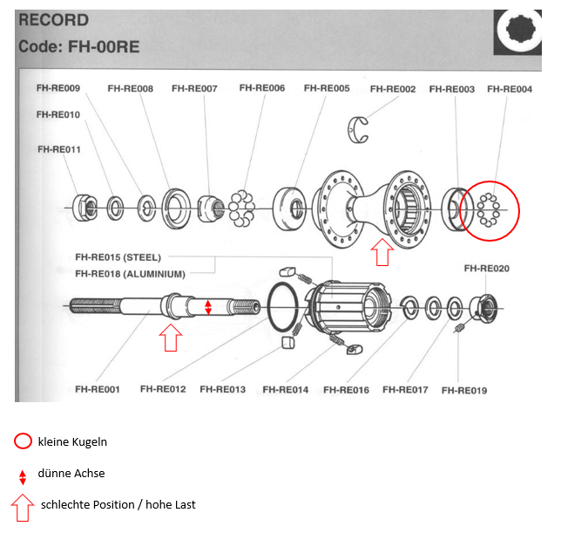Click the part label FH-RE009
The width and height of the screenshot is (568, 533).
(58, 88)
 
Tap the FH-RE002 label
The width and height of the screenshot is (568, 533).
(393, 89)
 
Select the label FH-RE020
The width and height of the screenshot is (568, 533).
(486, 269)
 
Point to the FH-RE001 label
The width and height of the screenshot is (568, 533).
(97, 389)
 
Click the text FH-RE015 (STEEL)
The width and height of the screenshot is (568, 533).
(118, 257)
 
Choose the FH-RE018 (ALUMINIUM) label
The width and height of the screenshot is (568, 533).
(130, 274)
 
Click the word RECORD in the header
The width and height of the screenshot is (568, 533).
(54, 20)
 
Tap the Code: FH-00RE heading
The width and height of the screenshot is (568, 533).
(79, 47)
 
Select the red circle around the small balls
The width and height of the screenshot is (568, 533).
(490, 181)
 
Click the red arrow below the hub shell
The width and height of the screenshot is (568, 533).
(382, 252)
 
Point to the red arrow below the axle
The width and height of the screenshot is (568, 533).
(171, 338)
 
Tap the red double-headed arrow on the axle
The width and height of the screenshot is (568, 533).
(208, 307)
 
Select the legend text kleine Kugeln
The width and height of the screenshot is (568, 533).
(72, 442)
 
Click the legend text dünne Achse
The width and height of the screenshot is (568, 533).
(71, 473)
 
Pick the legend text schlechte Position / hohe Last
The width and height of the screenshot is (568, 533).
(118, 505)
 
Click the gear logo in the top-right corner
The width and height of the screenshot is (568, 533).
(517, 32)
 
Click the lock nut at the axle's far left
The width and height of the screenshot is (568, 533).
(85, 208)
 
